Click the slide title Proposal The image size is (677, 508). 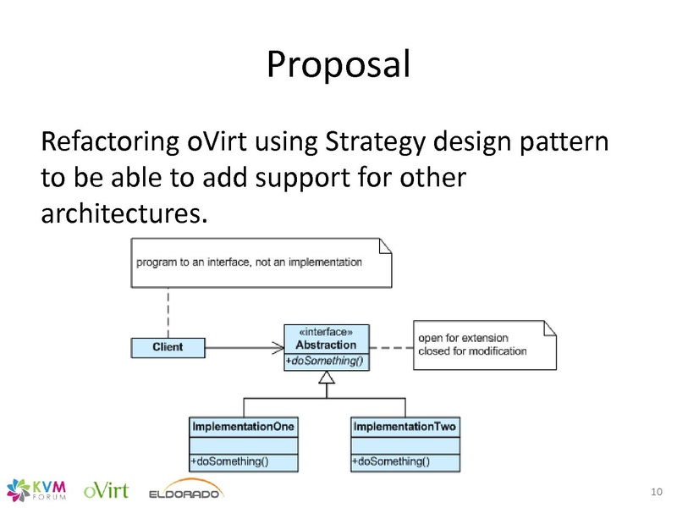[338, 64]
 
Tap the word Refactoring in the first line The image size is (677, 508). [109, 141]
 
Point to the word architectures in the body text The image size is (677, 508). [123, 213]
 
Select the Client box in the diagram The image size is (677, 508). [168, 347]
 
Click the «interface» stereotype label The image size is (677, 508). [326, 333]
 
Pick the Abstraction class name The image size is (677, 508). [326, 345]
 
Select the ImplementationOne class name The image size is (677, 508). [244, 427]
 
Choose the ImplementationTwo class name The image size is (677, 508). [405, 427]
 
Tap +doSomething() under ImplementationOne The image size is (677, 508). [229, 461]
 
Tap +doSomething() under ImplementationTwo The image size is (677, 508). [391, 461]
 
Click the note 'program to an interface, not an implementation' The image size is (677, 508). [250, 262]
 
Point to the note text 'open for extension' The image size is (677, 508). [463, 338]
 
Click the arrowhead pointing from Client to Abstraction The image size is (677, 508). [276, 347]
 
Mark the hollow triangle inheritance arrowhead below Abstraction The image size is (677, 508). [326, 378]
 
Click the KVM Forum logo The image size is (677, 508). [37, 489]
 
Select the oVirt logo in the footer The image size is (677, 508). [106, 489]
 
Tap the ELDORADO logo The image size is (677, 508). [184, 492]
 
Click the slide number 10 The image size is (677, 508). [656, 492]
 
